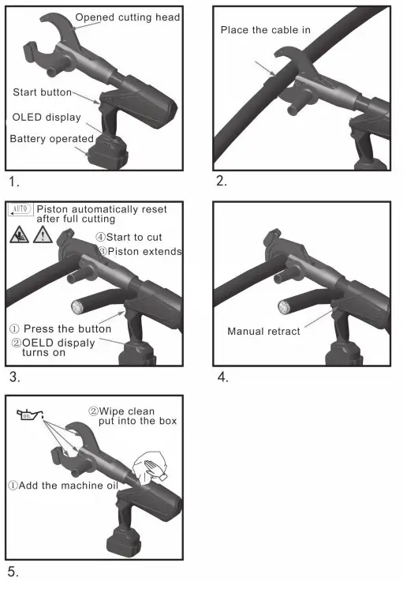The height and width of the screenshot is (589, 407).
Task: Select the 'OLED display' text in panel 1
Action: [x=47, y=118]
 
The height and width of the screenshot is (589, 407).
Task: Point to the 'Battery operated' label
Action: [x=51, y=139]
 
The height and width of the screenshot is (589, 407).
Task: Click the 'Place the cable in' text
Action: [x=265, y=30]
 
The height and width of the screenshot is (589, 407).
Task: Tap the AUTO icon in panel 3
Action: [x=20, y=209]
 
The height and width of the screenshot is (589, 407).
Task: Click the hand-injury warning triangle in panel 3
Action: [x=20, y=234]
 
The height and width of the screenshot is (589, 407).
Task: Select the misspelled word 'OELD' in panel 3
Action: [x=38, y=342]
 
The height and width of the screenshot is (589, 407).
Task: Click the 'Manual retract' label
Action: [x=263, y=331]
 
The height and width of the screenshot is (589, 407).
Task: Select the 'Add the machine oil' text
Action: [x=67, y=486]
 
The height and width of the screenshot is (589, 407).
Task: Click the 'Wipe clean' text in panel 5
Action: [x=126, y=411]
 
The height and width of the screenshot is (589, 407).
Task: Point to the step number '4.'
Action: [x=222, y=377]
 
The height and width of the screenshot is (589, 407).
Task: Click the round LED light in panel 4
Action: [x=285, y=307]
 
